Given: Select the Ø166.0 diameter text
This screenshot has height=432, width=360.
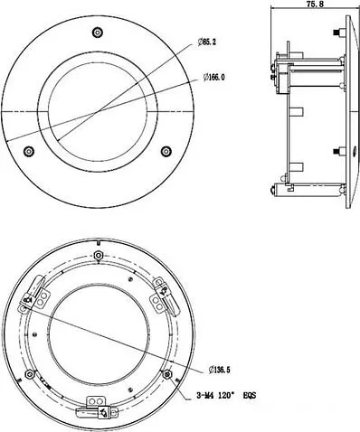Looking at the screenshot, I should pyautogui.click(x=210, y=77).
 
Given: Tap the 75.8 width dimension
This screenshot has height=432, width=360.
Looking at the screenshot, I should pyautogui.click(x=315, y=5).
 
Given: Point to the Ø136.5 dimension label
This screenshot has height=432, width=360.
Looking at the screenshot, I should pyautogui.click(x=223, y=369).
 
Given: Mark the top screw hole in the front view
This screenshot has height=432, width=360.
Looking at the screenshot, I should pyautogui.click(x=98, y=33).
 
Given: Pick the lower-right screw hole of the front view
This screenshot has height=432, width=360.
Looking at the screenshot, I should pyautogui.click(x=166, y=150).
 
